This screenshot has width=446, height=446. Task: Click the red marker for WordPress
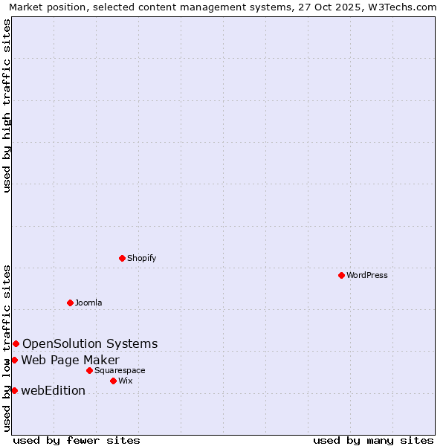click(x=341, y=275)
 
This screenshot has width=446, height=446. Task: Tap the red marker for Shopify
click(x=122, y=258)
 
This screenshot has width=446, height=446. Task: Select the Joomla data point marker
click(x=70, y=303)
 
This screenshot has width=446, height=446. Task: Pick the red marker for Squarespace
click(x=89, y=370)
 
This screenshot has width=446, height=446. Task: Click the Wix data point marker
click(x=113, y=381)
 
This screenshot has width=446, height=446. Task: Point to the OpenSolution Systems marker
click(x=16, y=343)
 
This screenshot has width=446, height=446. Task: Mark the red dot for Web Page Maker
click(x=14, y=360)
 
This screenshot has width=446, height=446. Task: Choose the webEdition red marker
click(x=14, y=390)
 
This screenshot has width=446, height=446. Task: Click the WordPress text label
click(x=367, y=275)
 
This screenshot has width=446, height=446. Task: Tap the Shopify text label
click(x=142, y=258)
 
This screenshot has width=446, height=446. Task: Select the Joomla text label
click(x=88, y=303)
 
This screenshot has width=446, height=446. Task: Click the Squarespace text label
click(x=120, y=370)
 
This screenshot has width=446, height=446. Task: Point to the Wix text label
click(x=126, y=381)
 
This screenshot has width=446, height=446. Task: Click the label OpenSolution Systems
click(x=90, y=343)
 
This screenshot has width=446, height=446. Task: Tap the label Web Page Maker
click(x=70, y=361)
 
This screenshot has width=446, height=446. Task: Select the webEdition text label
click(x=53, y=391)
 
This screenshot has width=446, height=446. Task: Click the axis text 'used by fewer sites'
click(x=77, y=440)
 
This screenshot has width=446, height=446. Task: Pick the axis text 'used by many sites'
click(x=373, y=440)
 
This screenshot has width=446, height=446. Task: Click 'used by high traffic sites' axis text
click(x=7, y=106)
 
